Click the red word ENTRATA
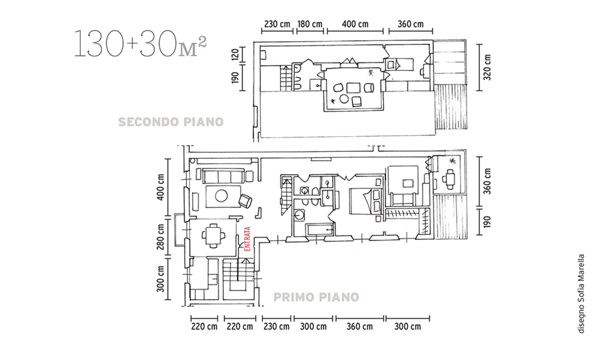pyautogui.click(x=247, y=239)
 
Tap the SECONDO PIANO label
pyautogui.click(x=171, y=122)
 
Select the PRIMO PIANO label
pyautogui.click(x=316, y=297)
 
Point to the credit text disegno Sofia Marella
pyautogui.click(x=581, y=293)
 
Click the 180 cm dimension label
pyautogui.click(x=310, y=24)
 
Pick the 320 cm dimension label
pyautogui.click(x=487, y=67)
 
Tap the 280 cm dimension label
pyautogui.click(x=161, y=237)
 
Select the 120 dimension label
pyautogui.click(x=235, y=55)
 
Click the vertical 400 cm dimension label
pyautogui.click(x=161, y=187)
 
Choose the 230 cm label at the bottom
pyautogui.click(x=276, y=327)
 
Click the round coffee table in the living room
pyautogui.click(x=221, y=196)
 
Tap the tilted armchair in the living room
pyautogui.click(x=245, y=200)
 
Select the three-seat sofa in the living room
pyautogui.click(x=224, y=176)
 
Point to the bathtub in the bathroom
pyautogui.click(x=320, y=230)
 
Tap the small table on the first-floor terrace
pyautogui.click(x=449, y=178)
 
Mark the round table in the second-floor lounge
pyautogui.click(x=344, y=99)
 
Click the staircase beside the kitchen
pyautogui.click(x=238, y=276)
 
